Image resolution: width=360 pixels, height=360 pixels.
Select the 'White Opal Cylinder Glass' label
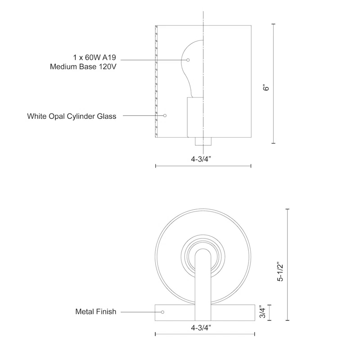[x=72, y=116]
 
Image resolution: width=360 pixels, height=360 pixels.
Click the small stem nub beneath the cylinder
[x=203, y=141]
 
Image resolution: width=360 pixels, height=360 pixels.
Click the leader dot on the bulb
[x=189, y=60]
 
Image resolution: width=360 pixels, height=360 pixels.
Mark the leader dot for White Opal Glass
[x=165, y=116]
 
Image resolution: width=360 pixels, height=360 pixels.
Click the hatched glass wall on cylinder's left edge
[x=156, y=81]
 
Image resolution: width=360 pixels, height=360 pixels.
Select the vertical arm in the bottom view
[x=203, y=279]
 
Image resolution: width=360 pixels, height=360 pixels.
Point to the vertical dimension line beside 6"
[x=274, y=84]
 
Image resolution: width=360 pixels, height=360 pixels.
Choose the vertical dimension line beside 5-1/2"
[x=288, y=265]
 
